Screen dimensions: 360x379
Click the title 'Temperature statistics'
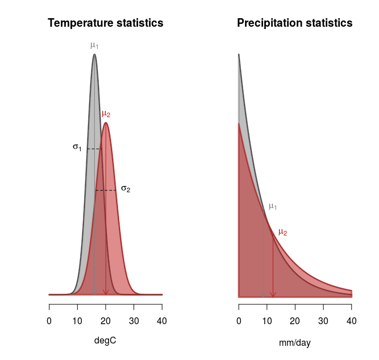[106, 23]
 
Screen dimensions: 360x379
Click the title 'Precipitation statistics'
[294, 23]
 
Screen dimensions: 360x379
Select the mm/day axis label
[294, 343]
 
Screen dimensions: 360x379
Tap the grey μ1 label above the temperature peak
[94, 45]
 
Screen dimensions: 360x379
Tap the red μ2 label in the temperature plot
[106, 114]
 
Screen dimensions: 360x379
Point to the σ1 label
[77, 147]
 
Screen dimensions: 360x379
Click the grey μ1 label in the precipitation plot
[273, 206]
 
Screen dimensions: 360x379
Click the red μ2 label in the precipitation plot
[282, 231]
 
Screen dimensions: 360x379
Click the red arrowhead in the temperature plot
[106, 292]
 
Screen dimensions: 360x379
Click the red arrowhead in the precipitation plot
[273, 293]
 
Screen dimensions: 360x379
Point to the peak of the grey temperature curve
[94, 55]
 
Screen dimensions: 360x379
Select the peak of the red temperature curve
[106, 123]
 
